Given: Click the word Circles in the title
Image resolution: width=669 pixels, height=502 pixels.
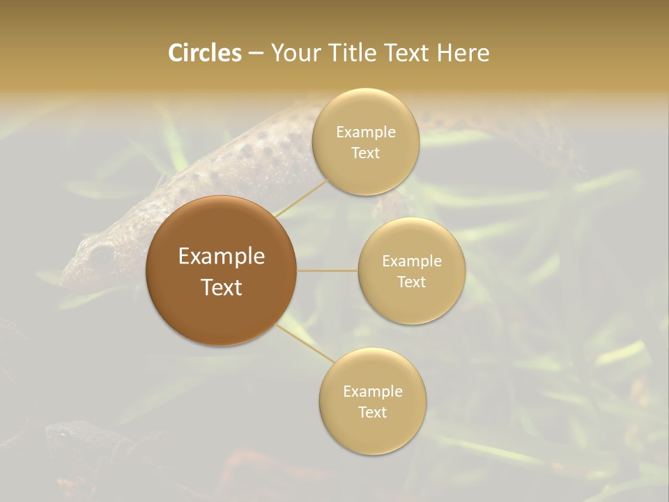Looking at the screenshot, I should (x=205, y=53).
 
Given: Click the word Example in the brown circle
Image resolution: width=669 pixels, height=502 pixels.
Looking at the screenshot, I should (x=222, y=257).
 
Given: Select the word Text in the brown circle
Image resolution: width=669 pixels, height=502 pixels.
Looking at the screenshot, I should (x=222, y=287).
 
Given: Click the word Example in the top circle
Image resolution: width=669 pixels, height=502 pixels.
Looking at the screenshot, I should (x=366, y=132).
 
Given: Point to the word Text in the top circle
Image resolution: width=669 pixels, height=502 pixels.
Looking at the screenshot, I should (x=366, y=153).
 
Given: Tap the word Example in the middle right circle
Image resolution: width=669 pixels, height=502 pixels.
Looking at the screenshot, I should (x=412, y=261).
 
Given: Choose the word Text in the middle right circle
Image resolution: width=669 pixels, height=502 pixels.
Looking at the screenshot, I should (x=412, y=282).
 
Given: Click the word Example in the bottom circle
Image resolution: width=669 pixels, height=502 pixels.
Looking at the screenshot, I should (x=373, y=391).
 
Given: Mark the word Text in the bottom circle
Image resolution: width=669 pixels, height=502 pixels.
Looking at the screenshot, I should (x=373, y=412).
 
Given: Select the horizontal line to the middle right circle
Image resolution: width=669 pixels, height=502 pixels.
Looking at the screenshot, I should (x=328, y=271).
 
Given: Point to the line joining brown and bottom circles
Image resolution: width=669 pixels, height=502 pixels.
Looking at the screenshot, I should (x=305, y=343).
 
